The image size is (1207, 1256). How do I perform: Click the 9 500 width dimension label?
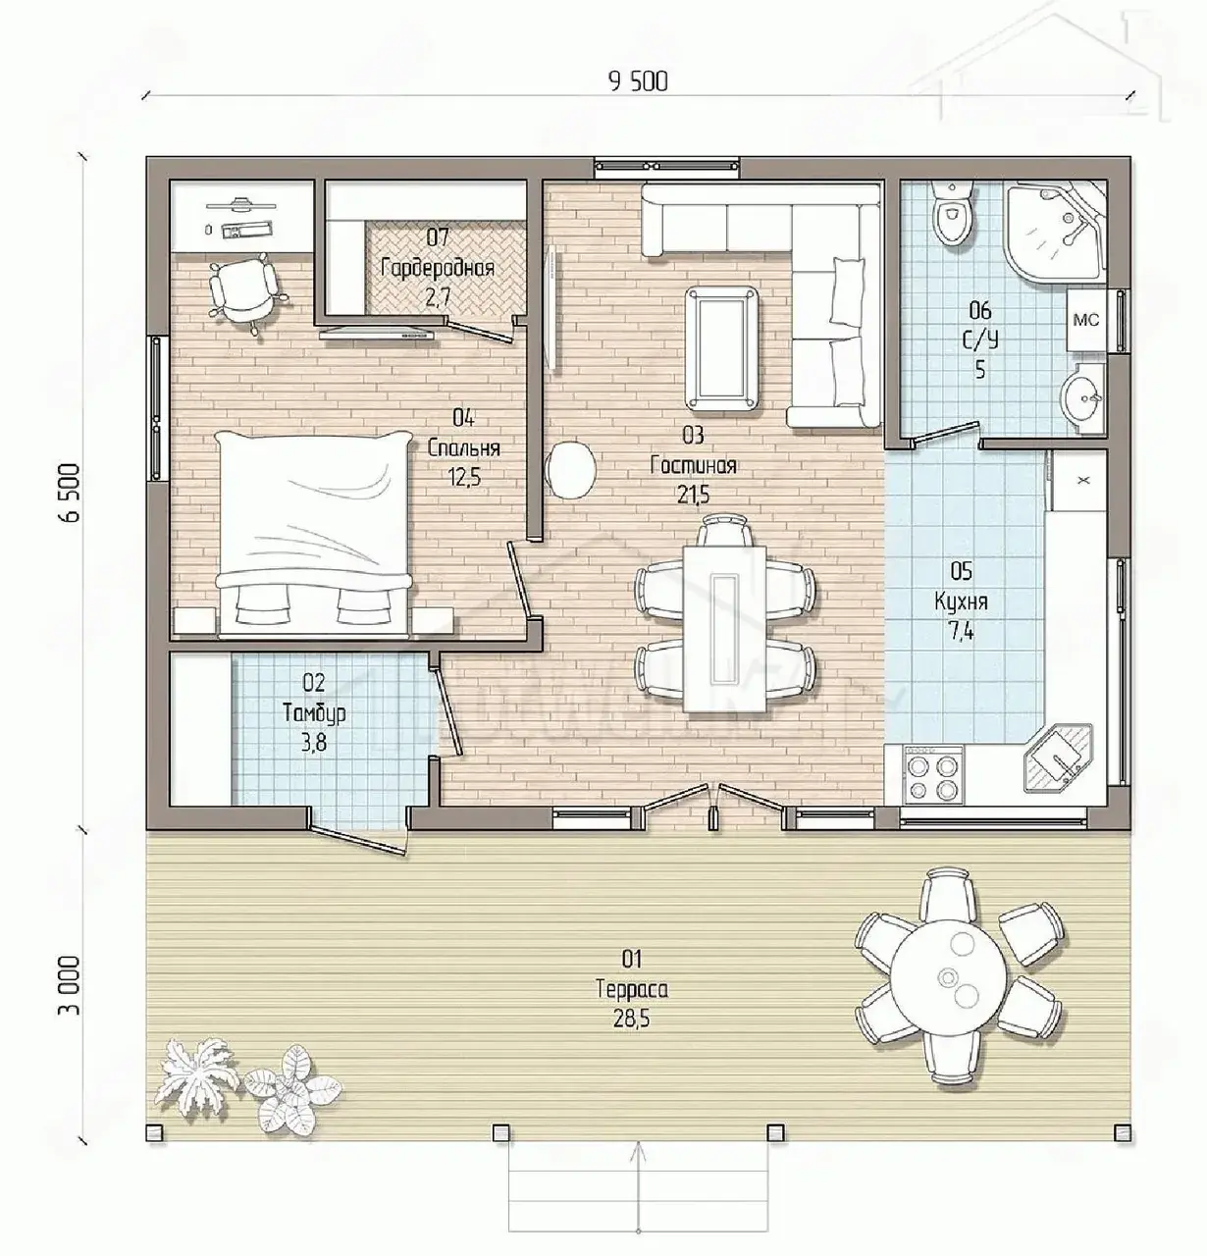[x=638, y=81]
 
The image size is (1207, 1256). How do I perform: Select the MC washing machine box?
[x=1085, y=320]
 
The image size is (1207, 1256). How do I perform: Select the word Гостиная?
[x=693, y=465]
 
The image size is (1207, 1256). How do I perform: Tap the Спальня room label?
[x=464, y=447]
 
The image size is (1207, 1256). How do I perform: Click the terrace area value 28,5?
[x=632, y=1020]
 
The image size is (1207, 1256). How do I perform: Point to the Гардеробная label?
[x=438, y=268]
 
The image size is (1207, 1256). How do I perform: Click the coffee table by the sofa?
[x=723, y=348]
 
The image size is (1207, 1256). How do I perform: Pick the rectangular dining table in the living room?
[x=725, y=630]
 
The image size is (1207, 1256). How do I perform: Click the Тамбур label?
[x=314, y=713]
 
